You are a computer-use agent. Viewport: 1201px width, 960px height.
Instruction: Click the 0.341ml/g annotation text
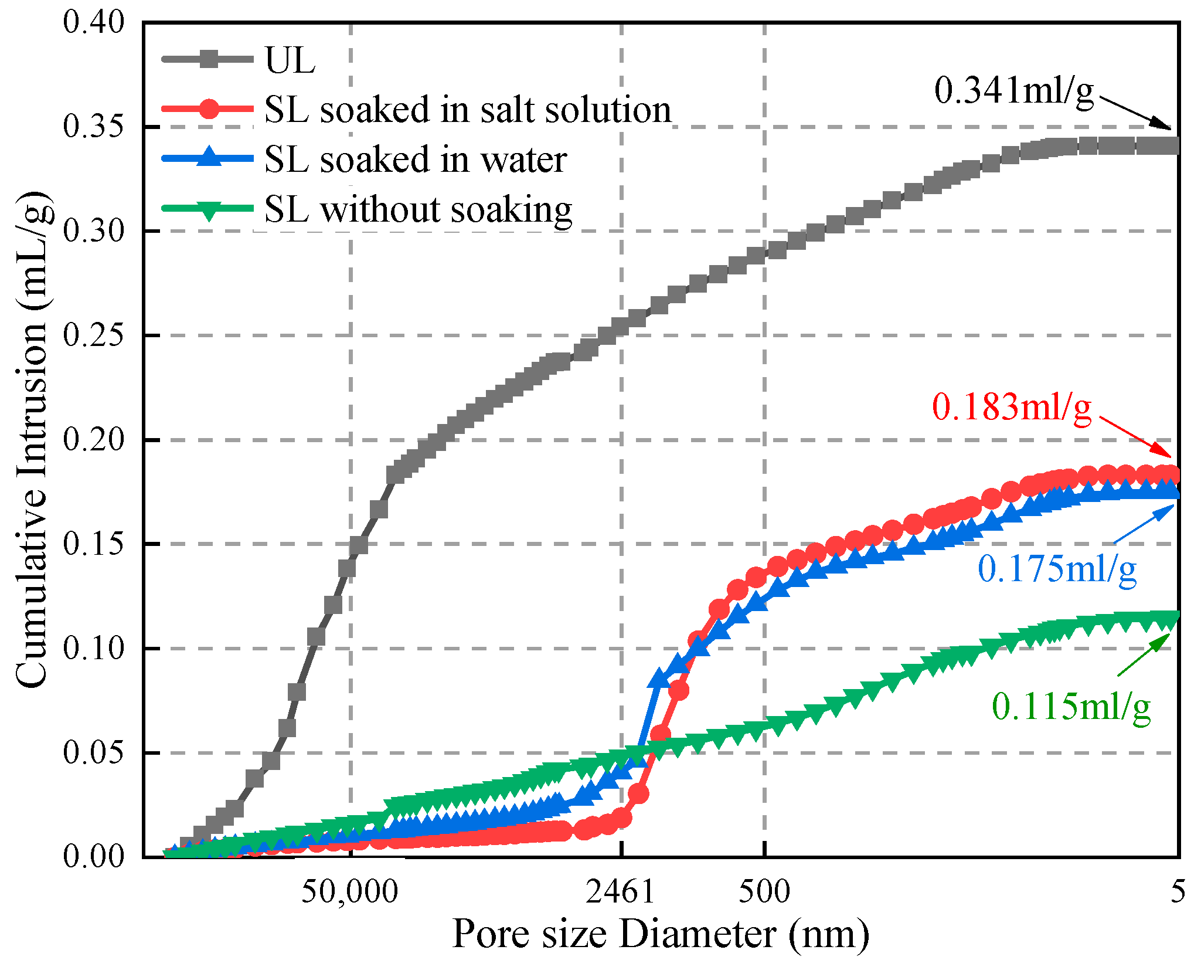(x=1013, y=91)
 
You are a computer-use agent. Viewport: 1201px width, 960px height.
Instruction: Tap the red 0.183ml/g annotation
(x=1012, y=407)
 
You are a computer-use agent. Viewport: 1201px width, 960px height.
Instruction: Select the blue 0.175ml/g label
(x=1057, y=569)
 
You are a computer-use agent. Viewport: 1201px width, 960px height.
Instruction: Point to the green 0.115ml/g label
(x=1071, y=706)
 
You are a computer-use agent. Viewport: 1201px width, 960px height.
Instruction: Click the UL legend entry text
(x=290, y=60)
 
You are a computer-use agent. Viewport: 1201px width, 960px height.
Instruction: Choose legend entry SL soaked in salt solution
(x=467, y=110)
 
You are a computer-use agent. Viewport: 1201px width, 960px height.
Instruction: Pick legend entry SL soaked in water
(x=415, y=160)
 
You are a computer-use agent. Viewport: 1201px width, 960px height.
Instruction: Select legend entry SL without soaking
(x=418, y=209)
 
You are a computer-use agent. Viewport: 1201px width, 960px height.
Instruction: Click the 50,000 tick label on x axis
(x=350, y=892)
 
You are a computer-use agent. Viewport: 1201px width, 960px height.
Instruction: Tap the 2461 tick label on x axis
(x=621, y=892)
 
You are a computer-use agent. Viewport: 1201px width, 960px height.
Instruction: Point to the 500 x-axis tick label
(x=764, y=892)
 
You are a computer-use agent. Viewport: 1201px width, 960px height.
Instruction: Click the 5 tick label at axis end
(x=1178, y=892)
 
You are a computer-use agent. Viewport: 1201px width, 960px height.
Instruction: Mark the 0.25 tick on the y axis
(x=94, y=336)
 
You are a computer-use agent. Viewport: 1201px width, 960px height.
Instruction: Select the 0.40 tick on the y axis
(x=94, y=23)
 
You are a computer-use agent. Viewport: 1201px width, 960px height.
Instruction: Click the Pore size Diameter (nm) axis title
(x=661, y=934)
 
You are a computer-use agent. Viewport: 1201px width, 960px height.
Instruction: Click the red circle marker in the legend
(x=209, y=109)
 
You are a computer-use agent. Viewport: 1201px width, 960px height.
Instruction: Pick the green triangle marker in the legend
(x=209, y=210)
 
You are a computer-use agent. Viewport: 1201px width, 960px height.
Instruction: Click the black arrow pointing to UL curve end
(x=1135, y=113)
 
